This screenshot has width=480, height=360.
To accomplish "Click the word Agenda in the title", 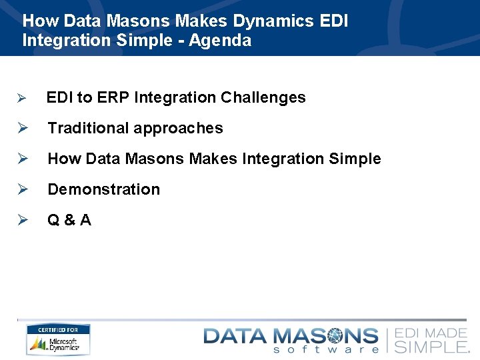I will (220, 41).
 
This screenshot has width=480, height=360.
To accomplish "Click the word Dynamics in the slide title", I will (273, 21).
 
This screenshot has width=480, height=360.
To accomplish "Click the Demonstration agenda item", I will (104, 189).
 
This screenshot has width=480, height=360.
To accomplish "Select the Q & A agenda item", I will (69, 220).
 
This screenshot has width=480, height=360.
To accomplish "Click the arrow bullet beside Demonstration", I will (21, 189).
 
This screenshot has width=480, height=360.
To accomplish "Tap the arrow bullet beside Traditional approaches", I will (21, 128).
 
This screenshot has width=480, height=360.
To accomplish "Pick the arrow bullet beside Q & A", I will (21, 220).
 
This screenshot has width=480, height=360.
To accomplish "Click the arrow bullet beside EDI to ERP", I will (21, 98).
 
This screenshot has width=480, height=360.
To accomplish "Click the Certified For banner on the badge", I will (58, 329).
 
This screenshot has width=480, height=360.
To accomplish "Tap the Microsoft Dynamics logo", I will (58, 344).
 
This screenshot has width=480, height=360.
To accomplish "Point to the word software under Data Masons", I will (326, 349).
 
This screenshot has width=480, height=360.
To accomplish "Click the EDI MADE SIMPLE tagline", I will (432, 340).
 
